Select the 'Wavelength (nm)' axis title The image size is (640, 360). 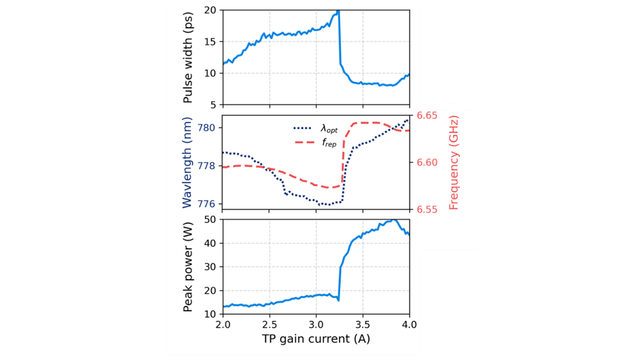tap(188, 162)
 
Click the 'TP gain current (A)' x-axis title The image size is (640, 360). tap(316, 339)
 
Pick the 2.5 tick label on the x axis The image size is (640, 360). tap(270, 324)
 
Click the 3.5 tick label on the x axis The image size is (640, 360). tap(363, 324)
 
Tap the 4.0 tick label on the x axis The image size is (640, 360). tap(409, 324)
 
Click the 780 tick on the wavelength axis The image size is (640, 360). tap(210, 128)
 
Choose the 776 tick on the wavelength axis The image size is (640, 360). tap(210, 203)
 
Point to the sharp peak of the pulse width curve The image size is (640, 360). tap(338, 11)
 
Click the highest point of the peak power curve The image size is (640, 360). tap(394, 220)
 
